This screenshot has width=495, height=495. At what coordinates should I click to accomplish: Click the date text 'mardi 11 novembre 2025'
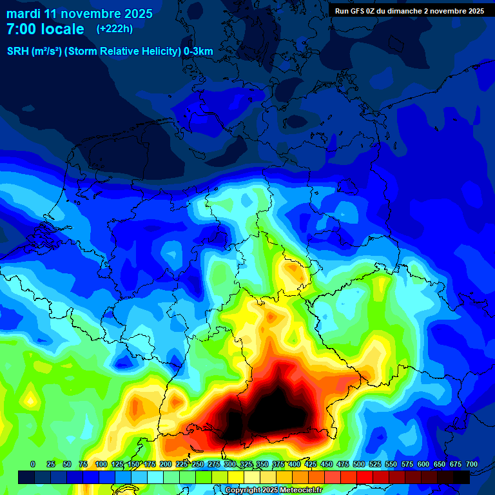click(x=79, y=14)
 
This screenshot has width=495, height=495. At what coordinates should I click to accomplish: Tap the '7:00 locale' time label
click(x=45, y=29)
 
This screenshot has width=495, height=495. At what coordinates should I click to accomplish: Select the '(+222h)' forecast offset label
click(x=115, y=29)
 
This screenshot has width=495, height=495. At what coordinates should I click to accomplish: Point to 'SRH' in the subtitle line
click(x=17, y=51)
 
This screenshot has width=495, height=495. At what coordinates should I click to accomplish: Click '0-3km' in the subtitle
click(x=199, y=51)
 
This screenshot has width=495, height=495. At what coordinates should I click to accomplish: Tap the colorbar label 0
click(x=33, y=464)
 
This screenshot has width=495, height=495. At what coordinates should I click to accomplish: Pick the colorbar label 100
click(x=101, y=464)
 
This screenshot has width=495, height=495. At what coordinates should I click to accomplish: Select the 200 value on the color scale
click(x=166, y=464)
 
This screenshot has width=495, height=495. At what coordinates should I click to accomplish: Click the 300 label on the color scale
click(x=230, y=464)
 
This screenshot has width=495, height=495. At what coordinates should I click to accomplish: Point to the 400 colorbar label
click(x=295, y=464)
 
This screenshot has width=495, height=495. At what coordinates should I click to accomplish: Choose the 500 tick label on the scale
click(x=359, y=464)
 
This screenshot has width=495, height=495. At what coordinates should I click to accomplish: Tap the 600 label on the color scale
click(x=423, y=464)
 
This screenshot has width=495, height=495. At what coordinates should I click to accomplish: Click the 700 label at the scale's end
click(x=471, y=464)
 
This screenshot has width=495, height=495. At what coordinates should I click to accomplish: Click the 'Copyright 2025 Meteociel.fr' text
click(x=273, y=490)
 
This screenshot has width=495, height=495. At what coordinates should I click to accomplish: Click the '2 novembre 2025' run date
click(x=454, y=11)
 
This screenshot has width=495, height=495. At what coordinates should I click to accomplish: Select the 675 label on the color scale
click(x=456, y=464)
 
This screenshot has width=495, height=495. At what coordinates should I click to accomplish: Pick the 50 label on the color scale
click(x=67, y=464)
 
